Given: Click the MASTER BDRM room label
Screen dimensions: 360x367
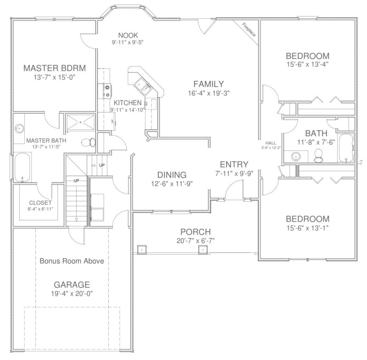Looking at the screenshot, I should [x=55, y=68].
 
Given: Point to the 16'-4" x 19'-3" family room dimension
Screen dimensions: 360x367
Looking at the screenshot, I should [x=209, y=92].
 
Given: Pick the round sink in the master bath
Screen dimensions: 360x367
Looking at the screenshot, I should [x=20, y=129].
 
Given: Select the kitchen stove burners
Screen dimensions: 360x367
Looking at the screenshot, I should [x=105, y=88].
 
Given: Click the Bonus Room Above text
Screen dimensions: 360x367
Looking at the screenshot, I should [x=71, y=261].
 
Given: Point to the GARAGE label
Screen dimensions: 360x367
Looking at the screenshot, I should [x=72, y=284].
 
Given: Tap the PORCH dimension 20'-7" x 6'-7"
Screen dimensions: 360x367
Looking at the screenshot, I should [x=195, y=240].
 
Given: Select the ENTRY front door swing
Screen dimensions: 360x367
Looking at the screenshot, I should [x=234, y=189].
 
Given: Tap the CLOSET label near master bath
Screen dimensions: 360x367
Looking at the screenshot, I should [x=40, y=202].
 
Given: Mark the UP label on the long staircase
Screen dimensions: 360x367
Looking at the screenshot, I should [x=77, y=180].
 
